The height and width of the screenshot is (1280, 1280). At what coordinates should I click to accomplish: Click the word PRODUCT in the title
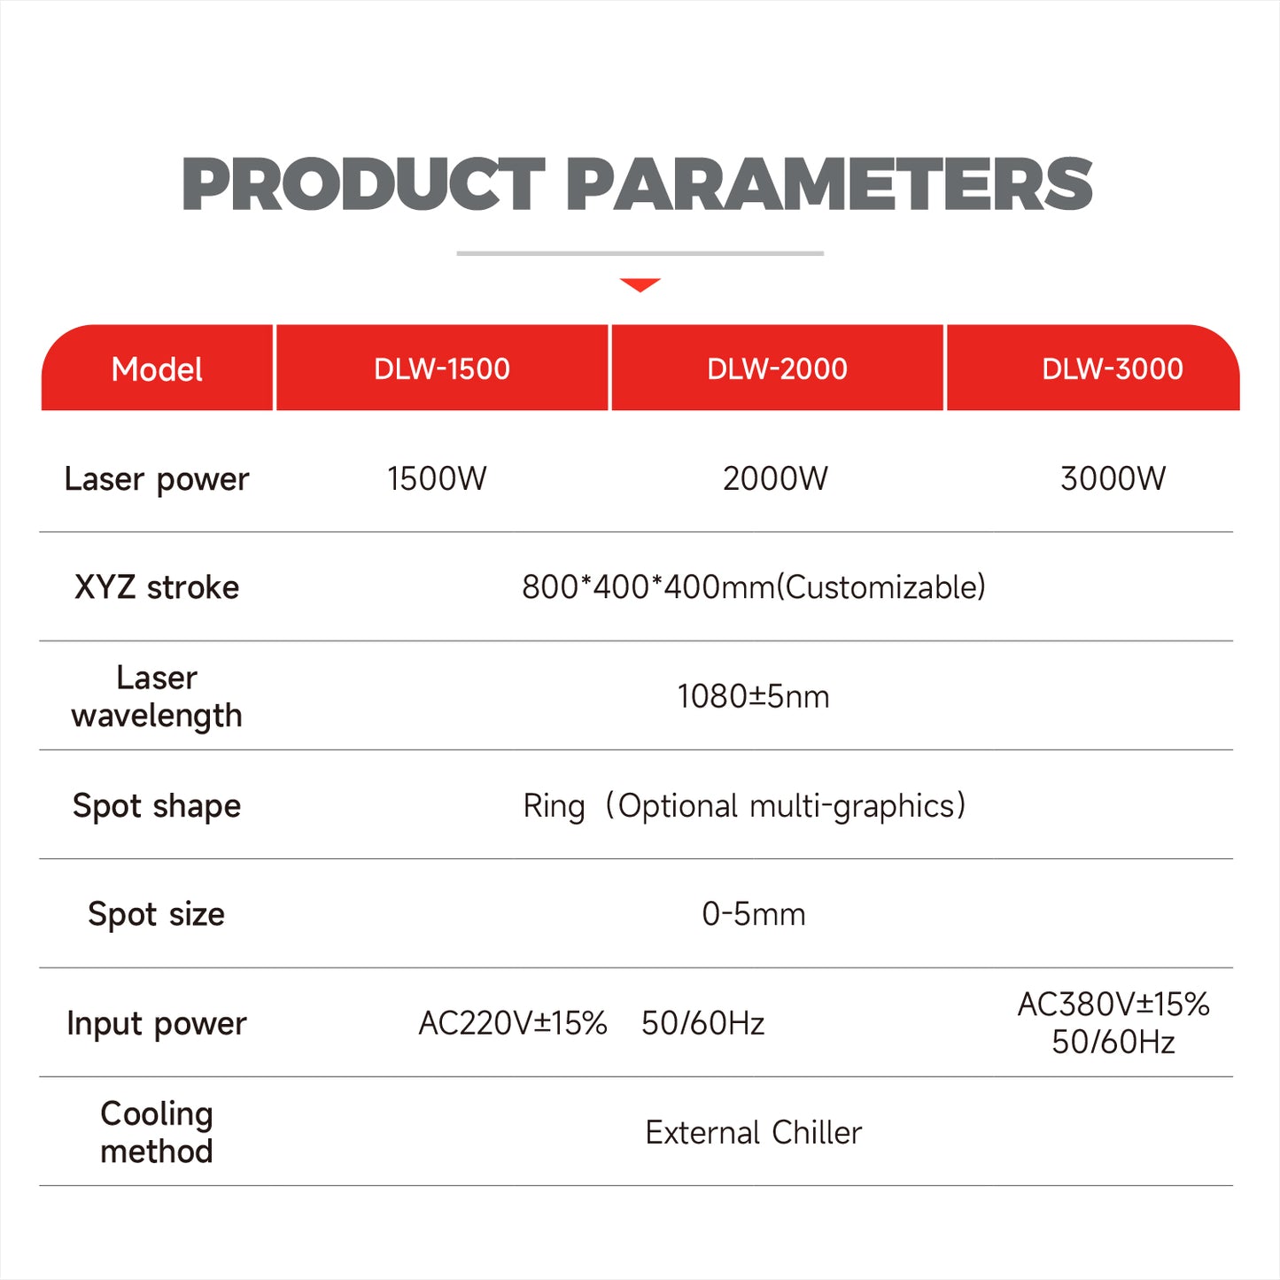pyautogui.click(x=363, y=184)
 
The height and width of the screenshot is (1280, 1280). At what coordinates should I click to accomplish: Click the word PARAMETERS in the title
pyautogui.click(x=828, y=184)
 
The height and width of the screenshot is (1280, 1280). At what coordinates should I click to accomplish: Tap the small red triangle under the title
pyautogui.click(x=640, y=284)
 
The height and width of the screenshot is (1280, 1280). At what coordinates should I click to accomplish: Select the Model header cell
pyautogui.click(x=157, y=369)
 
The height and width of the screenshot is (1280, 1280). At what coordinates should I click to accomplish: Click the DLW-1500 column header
pyautogui.click(x=442, y=368)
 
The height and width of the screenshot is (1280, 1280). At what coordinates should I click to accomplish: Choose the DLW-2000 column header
pyautogui.click(x=777, y=368)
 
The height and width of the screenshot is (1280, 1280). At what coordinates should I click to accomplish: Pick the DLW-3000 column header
pyautogui.click(x=1112, y=368)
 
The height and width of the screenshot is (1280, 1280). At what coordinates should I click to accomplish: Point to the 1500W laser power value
pyautogui.click(x=437, y=478)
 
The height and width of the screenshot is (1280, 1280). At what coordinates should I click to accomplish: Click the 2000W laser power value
pyautogui.click(x=775, y=478)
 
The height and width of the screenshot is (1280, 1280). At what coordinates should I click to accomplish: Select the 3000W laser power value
pyautogui.click(x=1113, y=478)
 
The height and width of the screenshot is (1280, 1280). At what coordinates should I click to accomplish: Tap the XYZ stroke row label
pyautogui.click(x=157, y=587)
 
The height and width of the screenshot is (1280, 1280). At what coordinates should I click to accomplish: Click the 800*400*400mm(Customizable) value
pyautogui.click(x=753, y=587)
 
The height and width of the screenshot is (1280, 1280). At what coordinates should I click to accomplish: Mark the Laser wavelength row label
pyautogui.click(x=157, y=696)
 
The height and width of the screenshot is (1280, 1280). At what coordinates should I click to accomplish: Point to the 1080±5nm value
pyautogui.click(x=753, y=696)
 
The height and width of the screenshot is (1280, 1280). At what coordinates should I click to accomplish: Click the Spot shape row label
pyautogui.click(x=157, y=806)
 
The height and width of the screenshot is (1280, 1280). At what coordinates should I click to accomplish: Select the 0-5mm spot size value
pyautogui.click(x=753, y=914)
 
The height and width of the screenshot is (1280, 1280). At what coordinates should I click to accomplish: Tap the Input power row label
pyautogui.click(x=157, y=1023)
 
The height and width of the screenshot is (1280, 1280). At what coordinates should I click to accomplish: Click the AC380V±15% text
pyautogui.click(x=1113, y=1005)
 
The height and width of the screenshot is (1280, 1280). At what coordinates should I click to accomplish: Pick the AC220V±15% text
pyautogui.click(x=513, y=1023)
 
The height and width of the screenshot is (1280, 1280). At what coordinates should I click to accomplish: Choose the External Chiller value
pyautogui.click(x=753, y=1132)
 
